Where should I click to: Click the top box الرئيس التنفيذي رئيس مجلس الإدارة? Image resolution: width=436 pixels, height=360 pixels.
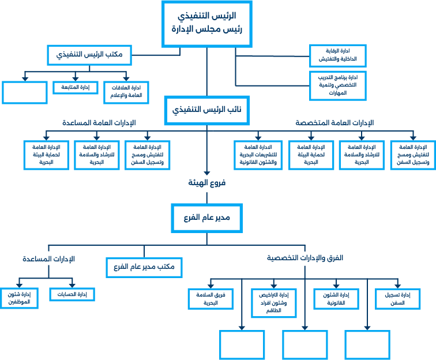coord(207,22)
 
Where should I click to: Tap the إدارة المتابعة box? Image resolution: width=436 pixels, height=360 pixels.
coord(75,87)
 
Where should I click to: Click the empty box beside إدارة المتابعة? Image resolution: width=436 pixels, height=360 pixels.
coord(24,92)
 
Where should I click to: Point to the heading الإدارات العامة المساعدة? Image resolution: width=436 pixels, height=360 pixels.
coord(99,123)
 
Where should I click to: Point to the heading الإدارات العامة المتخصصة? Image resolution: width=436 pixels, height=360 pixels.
coord(334,123)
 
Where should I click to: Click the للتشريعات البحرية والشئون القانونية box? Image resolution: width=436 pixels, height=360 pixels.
coord(258,155)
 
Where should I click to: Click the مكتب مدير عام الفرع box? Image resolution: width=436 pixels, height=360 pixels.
coord(145,267)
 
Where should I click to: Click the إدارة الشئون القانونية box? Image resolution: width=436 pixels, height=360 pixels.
coord(335,298)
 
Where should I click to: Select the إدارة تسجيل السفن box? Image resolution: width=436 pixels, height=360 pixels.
coord(397,298)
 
